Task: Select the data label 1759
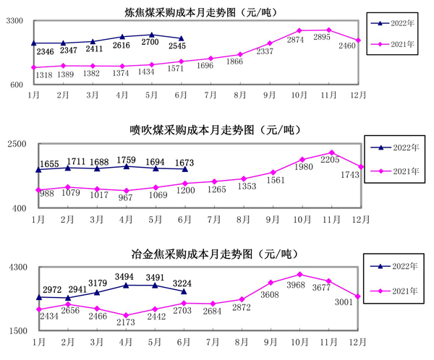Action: (x=125, y=160)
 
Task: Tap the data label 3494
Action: (x=125, y=277)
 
